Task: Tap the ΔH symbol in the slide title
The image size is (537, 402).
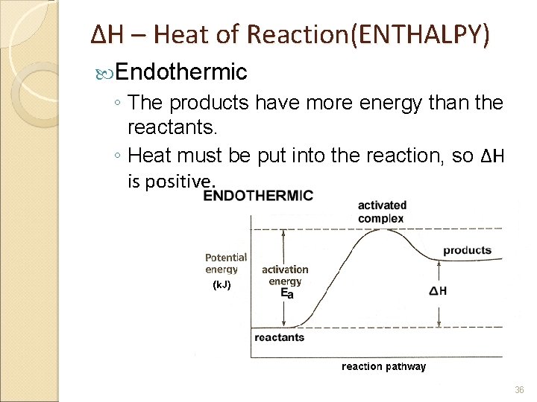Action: point(101,34)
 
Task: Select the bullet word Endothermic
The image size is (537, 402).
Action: point(181,71)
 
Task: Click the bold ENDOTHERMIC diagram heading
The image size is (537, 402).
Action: point(258,196)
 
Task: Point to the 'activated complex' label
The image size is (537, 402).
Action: point(382,211)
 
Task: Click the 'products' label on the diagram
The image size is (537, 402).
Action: point(467,250)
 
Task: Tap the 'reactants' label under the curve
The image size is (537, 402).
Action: point(280,337)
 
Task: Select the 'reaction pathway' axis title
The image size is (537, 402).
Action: point(383,366)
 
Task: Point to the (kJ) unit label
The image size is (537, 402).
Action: point(222,284)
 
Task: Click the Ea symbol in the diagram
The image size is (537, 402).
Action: point(287,294)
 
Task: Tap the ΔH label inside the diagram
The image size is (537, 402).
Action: point(439,291)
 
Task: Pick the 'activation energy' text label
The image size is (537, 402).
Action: point(285,275)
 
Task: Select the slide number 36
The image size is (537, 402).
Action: point(520,389)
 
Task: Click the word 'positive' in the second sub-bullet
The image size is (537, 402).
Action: point(179,181)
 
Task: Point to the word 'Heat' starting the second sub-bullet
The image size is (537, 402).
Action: point(148,156)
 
